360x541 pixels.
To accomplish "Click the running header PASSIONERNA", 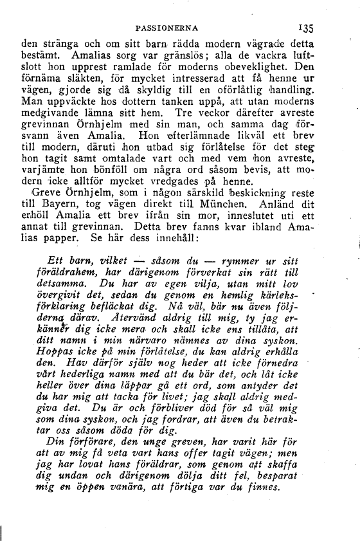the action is click(x=170, y=28).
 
